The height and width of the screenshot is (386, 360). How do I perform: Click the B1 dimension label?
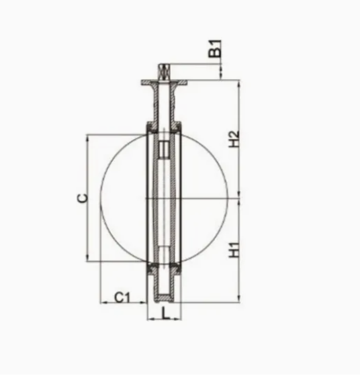tap(215, 49)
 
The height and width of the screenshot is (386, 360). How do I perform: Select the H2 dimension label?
tap(234, 139)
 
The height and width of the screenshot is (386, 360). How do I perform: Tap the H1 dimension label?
tap(234, 250)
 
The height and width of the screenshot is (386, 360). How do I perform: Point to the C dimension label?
tap(83, 198)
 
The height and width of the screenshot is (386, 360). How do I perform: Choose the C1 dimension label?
tap(122, 297)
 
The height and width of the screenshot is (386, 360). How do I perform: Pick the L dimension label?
tap(166, 313)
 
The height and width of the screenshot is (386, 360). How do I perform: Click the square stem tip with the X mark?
tap(164, 72)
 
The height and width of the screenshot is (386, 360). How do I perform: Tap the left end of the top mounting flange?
tap(142, 83)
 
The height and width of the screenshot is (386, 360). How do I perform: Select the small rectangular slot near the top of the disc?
tap(164, 150)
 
